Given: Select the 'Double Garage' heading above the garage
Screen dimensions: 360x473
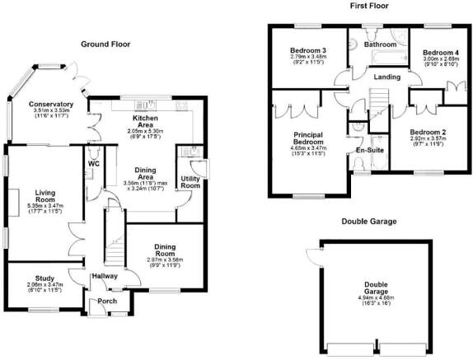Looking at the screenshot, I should click(x=368, y=222).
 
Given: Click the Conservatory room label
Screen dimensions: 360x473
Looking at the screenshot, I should click(x=51, y=105).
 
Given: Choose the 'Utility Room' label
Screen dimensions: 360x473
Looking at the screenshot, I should click(x=191, y=182).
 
